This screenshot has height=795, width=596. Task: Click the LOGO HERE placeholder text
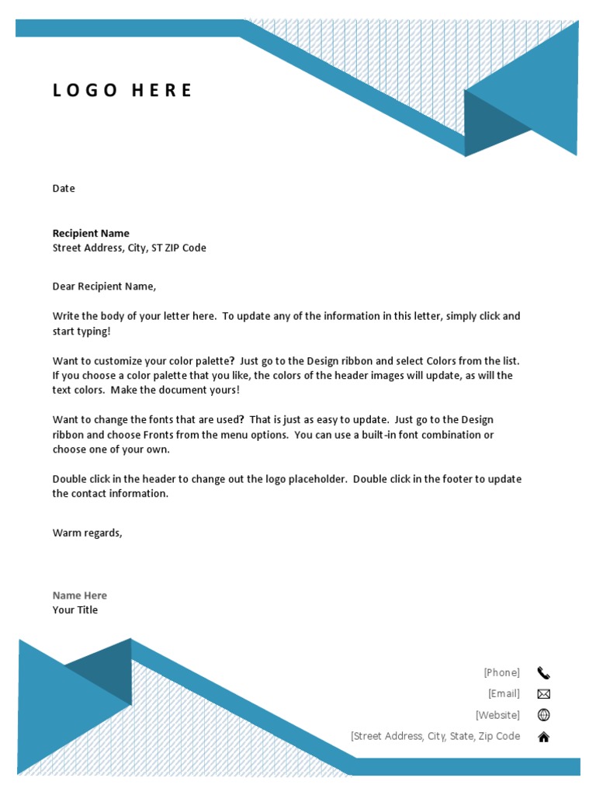(122, 90)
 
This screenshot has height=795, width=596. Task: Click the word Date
(64, 189)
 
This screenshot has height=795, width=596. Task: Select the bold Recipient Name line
(91, 233)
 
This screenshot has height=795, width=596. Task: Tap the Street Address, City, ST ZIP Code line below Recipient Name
(129, 248)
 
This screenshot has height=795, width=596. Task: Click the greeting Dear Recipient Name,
(104, 286)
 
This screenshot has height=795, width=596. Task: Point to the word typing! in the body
(94, 332)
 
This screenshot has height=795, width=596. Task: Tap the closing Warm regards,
(87, 533)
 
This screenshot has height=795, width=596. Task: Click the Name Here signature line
(80, 595)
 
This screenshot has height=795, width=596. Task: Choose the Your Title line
(75, 610)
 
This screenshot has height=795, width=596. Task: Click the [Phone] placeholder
(501, 672)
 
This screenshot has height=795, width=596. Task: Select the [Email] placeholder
(504, 693)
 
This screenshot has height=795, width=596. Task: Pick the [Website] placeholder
(497, 715)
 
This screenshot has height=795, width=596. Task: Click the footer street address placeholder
(435, 736)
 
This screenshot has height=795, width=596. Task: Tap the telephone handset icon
(543, 673)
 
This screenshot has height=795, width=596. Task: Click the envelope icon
(543, 694)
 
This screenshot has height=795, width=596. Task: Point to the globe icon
(543, 715)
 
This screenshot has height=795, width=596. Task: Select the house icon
(543, 737)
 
